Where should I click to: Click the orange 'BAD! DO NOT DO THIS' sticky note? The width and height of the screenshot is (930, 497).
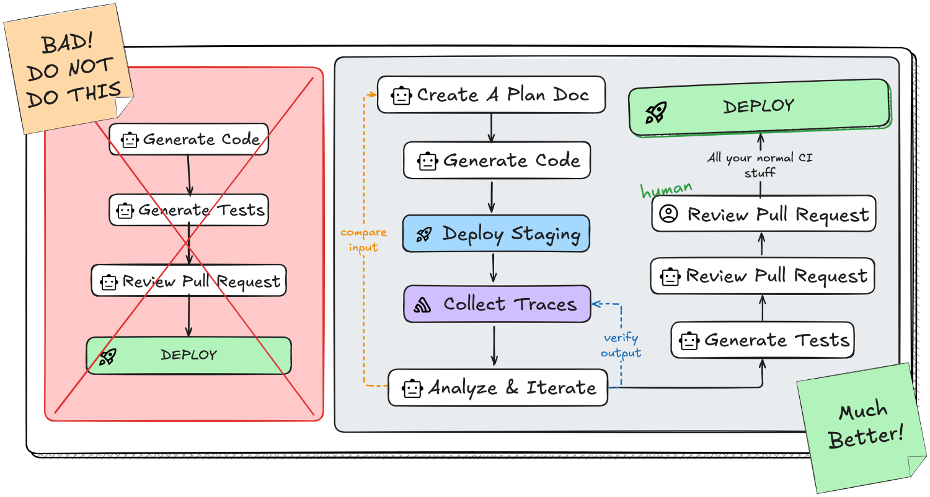click(x=68, y=68)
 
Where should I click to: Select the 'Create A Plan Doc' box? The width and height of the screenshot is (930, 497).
click(x=491, y=95)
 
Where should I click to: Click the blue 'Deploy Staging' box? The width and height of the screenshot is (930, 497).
click(x=497, y=234)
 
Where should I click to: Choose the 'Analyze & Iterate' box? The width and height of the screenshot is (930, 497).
click(x=498, y=388)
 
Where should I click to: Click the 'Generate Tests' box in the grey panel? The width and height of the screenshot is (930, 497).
click(x=762, y=340)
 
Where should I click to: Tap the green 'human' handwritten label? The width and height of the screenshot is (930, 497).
click(x=666, y=188)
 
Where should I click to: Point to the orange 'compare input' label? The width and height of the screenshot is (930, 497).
click(x=364, y=240)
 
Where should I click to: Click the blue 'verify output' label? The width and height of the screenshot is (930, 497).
click(x=621, y=345)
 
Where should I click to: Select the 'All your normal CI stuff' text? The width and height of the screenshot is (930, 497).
click(x=760, y=165)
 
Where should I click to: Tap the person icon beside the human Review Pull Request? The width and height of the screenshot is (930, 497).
click(x=668, y=214)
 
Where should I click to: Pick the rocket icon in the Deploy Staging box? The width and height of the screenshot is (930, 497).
click(x=424, y=234)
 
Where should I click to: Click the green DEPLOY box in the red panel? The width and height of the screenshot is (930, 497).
click(x=188, y=355)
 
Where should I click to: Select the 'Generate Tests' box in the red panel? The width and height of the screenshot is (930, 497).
click(x=188, y=210)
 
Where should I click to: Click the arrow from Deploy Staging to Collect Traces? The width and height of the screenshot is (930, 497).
click(x=494, y=268)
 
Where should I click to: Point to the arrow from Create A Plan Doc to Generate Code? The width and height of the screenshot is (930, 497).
click(x=491, y=128)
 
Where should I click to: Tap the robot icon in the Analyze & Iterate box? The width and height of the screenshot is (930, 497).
click(x=411, y=389)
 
